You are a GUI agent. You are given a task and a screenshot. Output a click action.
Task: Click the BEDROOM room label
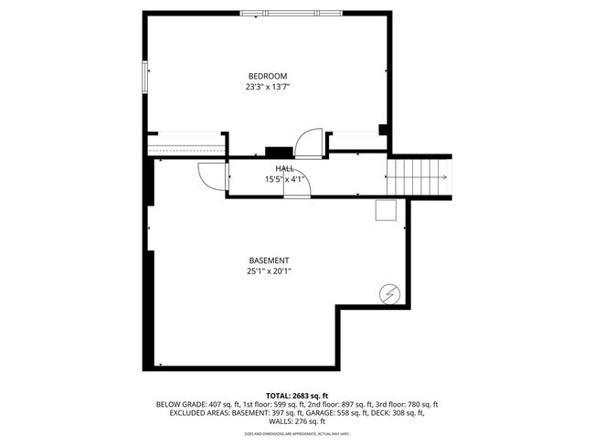click(x=268, y=76)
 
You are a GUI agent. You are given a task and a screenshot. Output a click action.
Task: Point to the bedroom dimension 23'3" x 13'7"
click(x=268, y=88)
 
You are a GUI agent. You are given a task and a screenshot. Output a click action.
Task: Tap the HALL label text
click(x=285, y=167)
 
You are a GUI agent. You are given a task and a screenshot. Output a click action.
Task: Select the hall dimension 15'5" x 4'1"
click(x=283, y=179)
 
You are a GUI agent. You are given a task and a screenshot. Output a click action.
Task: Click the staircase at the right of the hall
click(x=420, y=175)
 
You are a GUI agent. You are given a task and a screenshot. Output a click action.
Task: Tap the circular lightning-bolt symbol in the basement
click(x=389, y=293)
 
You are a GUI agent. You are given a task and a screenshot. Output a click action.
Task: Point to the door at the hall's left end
click(x=211, y=175)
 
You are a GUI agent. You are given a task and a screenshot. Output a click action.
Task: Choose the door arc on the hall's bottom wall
click(x=297, y=186)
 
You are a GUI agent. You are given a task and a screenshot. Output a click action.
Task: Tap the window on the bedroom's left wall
click(x=143, y=77)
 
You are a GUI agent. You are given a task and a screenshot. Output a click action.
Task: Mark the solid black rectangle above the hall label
click(x=278, y=152)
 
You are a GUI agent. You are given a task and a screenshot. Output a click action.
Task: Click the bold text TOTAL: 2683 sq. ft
click(x=297, y=395)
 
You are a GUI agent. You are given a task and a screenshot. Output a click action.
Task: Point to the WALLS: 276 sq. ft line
click(x=297, y=421)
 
